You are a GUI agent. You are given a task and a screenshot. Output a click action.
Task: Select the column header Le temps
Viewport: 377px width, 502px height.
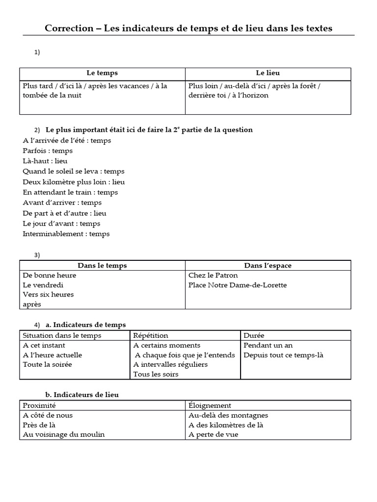click(102, 73)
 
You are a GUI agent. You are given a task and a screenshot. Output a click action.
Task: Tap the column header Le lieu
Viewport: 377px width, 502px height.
click(268, 73)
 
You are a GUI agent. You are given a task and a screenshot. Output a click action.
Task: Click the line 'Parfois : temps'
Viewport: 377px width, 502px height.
click(48, 151)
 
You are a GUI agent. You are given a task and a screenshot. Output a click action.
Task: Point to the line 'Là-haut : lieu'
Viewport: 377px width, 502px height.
click(45, 161)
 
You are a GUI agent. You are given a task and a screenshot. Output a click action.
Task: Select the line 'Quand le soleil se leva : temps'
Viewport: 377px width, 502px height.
click(74, 172)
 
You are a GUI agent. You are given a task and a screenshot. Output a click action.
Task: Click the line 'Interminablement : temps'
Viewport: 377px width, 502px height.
click(66, 234)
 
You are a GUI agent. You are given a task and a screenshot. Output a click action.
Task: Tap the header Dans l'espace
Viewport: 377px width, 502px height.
click(268, 266)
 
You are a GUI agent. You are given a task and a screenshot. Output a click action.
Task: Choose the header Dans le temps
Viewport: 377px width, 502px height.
click(102, 266)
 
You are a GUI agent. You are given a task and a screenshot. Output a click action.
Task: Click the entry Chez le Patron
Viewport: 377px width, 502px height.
click(213, 276)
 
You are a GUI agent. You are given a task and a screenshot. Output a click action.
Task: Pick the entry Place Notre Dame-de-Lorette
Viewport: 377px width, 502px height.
click(238, 285)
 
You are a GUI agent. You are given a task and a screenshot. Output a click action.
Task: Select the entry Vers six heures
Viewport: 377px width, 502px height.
click(48, 295)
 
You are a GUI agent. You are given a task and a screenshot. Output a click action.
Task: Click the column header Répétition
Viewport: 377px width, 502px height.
click(151, 336)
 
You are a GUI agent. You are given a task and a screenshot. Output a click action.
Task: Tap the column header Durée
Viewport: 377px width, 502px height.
click(254, 336)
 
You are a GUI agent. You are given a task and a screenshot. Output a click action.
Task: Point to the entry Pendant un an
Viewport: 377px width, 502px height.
click(268, 346)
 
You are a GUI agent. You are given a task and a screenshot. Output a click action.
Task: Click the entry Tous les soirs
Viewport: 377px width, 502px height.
click(156, 375)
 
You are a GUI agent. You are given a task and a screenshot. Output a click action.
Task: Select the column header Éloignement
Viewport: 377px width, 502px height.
click(210, 405)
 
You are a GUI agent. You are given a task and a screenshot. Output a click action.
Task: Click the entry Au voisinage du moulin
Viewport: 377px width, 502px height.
click(64, 435)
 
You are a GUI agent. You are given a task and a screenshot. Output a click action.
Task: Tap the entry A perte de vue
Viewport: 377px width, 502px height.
click(213, 435)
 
